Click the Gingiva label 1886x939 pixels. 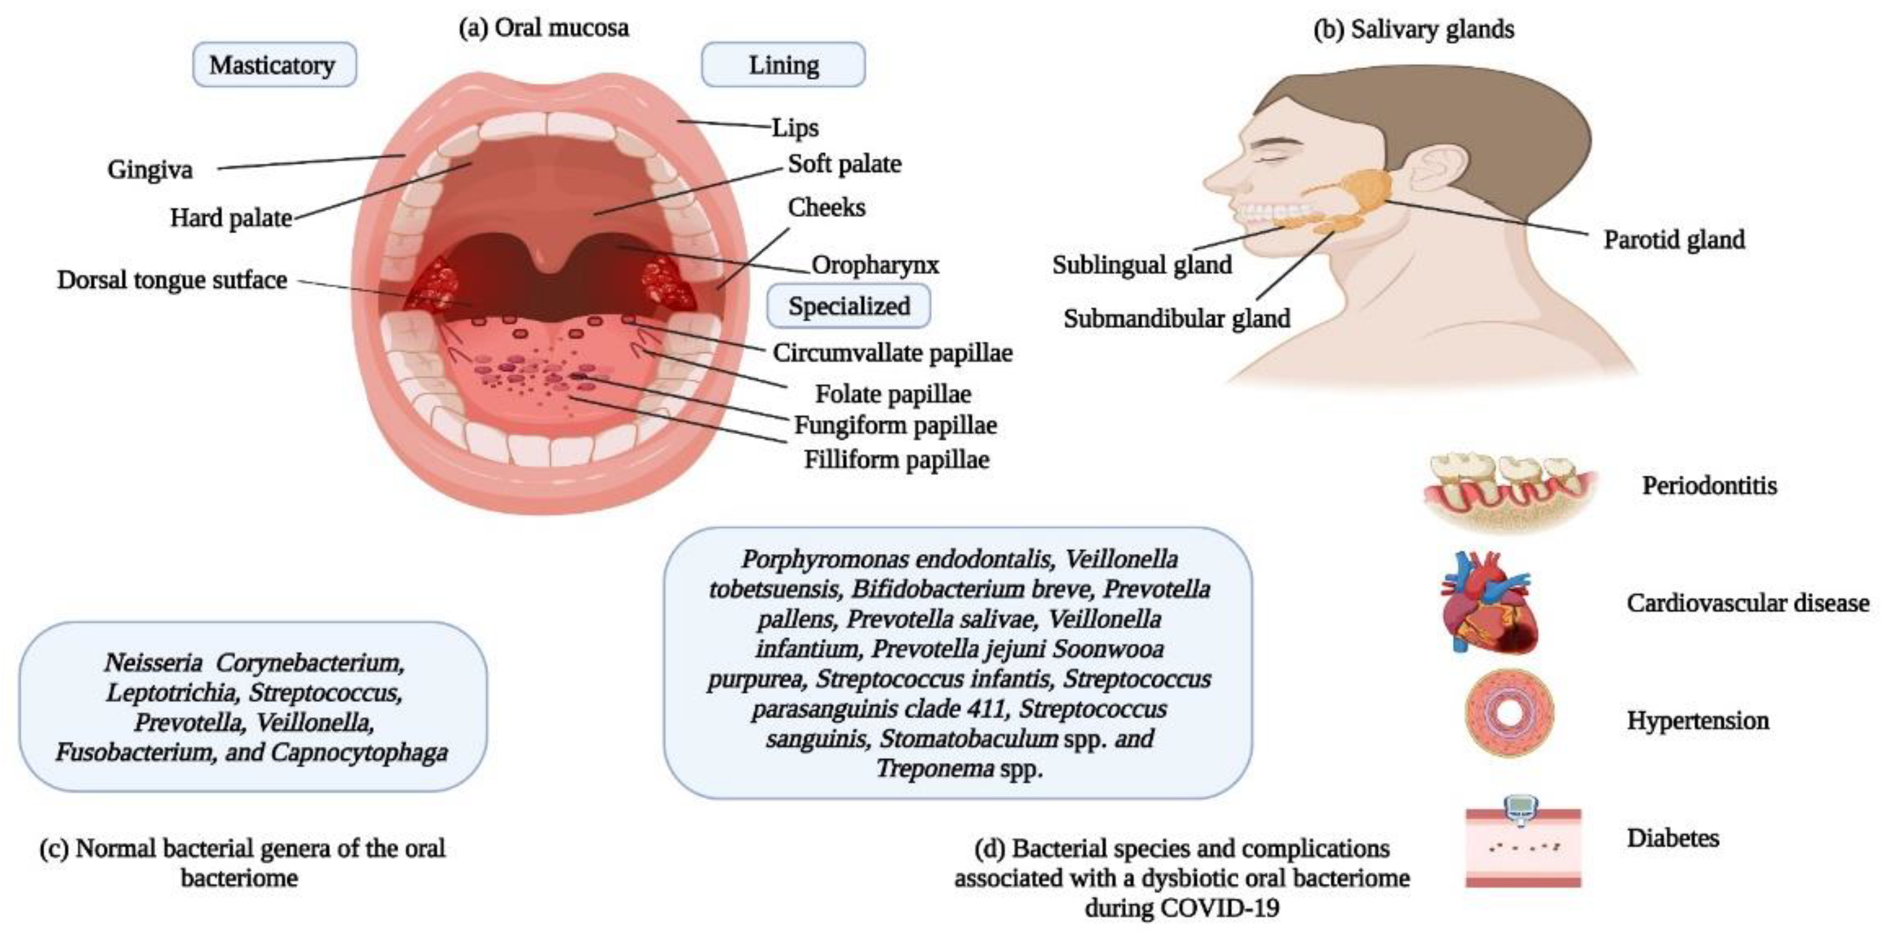[150, 170]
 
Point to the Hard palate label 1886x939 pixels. [231, 218]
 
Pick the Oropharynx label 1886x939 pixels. [875, 264]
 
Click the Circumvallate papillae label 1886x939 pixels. [892, 353]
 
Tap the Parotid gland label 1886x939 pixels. [1674, 239]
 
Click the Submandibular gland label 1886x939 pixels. [1176, 318]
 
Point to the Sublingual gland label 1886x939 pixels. [1142, 264]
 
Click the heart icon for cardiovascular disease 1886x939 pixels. [1490, 602]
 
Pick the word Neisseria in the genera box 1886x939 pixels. [152, 663]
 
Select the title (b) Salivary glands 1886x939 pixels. [1413, 29]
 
